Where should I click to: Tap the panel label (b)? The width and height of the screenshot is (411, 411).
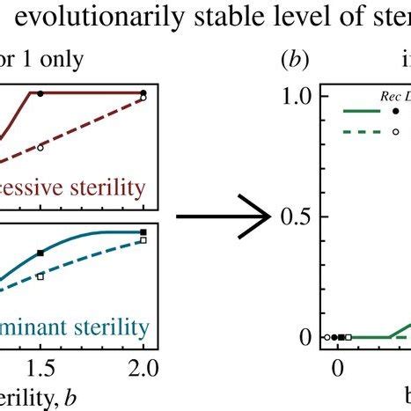(x=291, y=62)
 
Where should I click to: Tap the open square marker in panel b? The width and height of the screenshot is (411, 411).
(x=349, y=337)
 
